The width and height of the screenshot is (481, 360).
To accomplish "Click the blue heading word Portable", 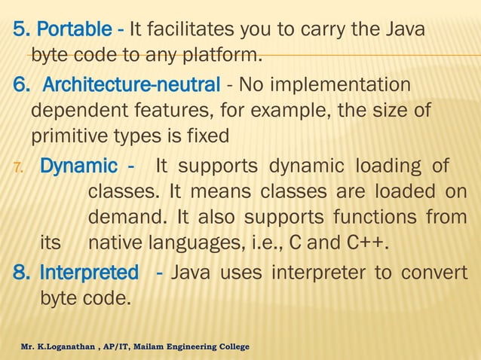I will pos(75,31).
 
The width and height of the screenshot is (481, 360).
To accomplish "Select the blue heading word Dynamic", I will pos(78,166).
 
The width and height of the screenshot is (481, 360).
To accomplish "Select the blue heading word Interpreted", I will pos(88,271).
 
